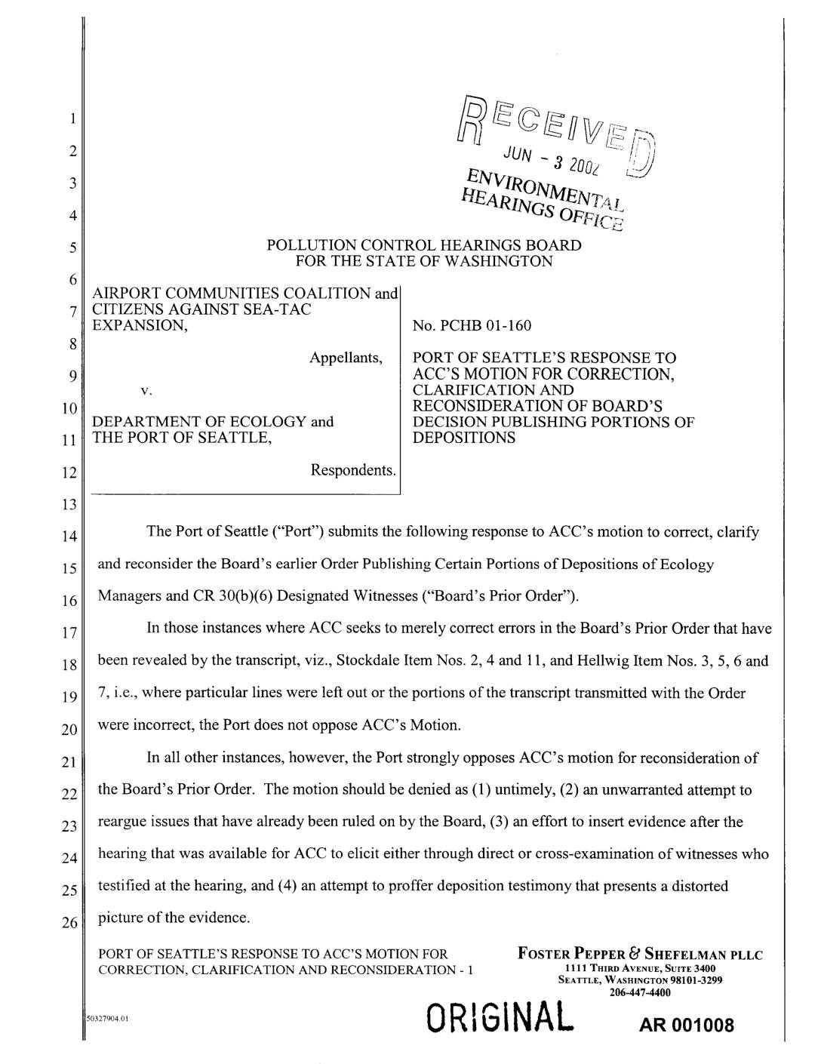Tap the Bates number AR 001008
coord(685,1027)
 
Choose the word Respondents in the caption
coord(353,471)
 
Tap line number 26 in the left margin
coord(69,924)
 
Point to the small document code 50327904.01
coord(109,1018)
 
